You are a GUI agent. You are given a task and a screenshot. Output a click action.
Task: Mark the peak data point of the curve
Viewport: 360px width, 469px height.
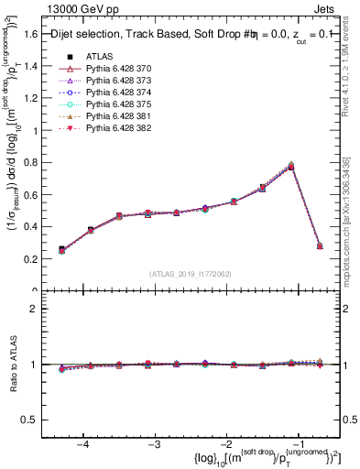click(x=291, y=166)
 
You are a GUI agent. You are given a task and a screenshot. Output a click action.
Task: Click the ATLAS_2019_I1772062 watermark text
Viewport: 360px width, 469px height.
click(x=190, y=274)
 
